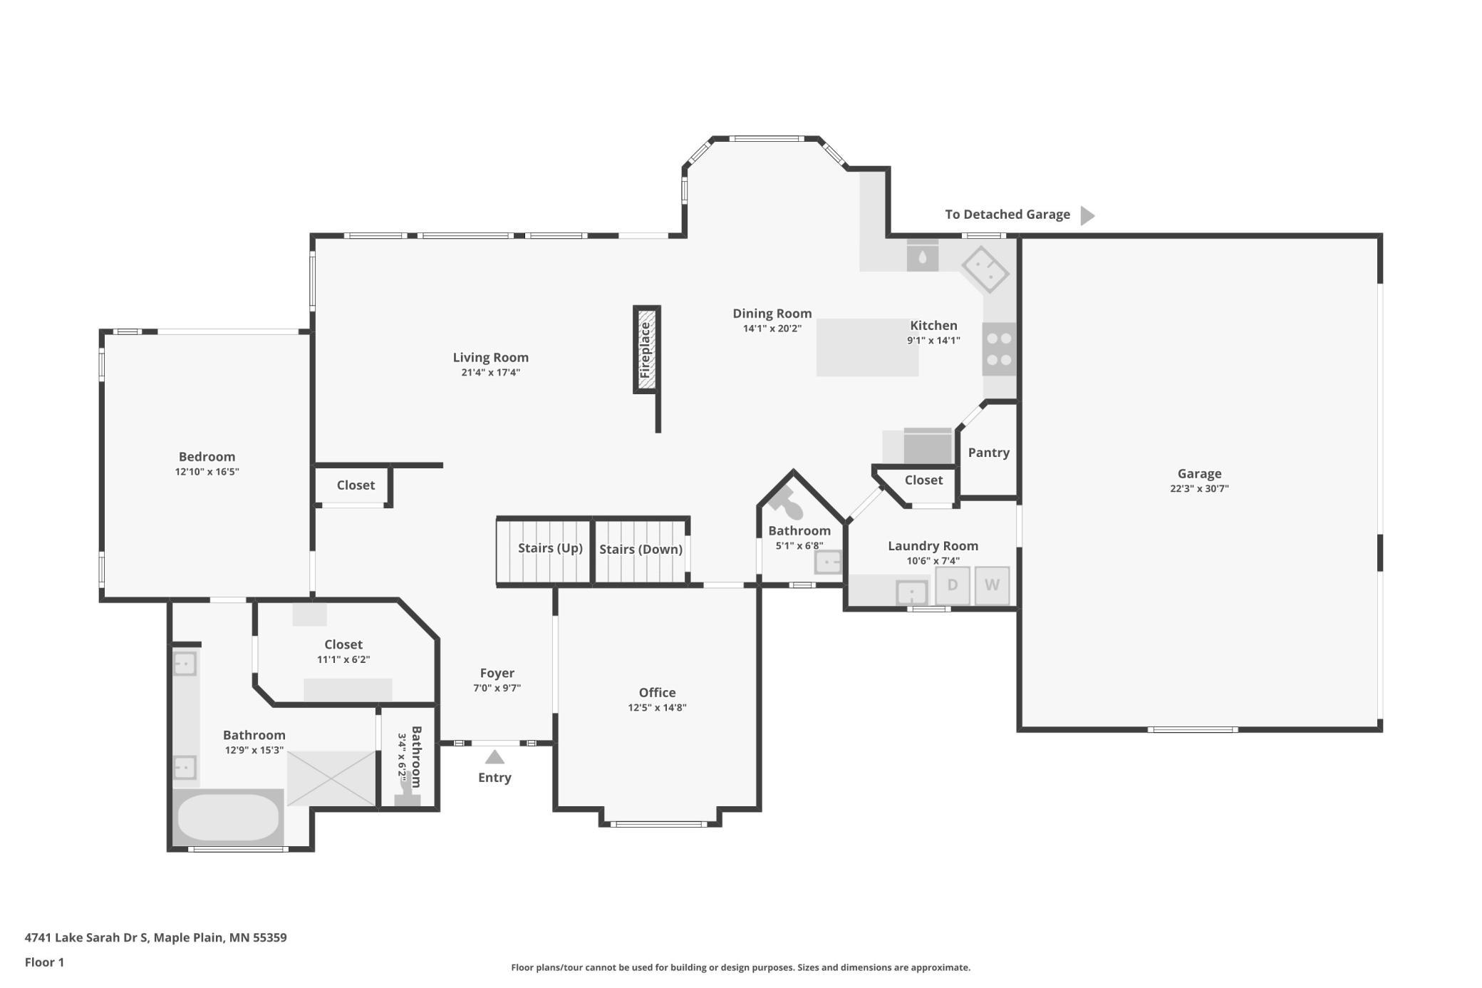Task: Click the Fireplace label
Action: [646, 350]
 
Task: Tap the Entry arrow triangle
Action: [494, 757]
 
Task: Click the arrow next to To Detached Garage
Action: [1087, 215]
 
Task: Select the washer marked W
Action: [992, 585]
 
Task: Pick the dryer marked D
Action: [953, 585]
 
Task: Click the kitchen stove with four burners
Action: [999, 349]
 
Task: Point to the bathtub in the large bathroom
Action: [228, 817]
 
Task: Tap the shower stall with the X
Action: [331, 778]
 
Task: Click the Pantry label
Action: [988, 453]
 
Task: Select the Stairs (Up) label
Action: [550, 548]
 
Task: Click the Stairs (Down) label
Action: [641, 550]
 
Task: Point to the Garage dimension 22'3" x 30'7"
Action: [1199, 489]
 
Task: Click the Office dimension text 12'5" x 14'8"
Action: [657, 708]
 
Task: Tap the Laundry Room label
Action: [933, 546]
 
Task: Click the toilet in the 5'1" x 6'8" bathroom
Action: [786, 503]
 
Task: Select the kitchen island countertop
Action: [867, 347]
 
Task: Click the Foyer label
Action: [497, 674]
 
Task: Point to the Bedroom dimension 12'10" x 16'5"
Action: [207, 472]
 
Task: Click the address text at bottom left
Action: [156, 938]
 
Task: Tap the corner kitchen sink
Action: [985, 269]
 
